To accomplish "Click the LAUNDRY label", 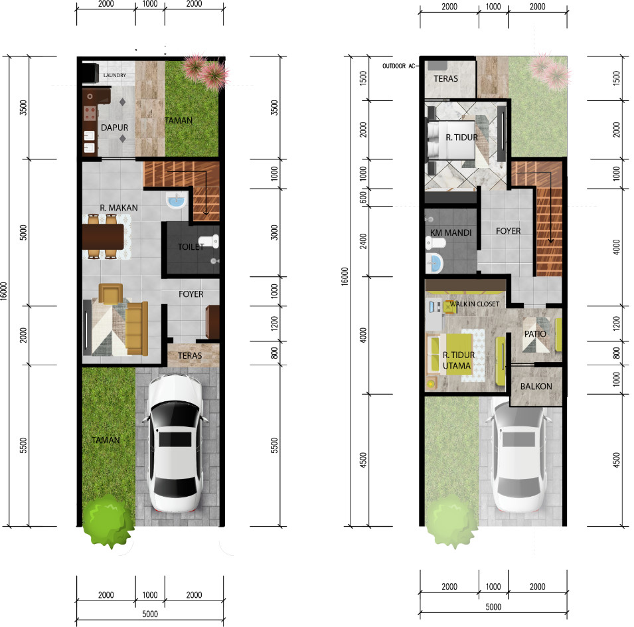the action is (x=114, y=75).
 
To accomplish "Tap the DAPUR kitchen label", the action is (x=114, y=128).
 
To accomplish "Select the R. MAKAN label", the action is (x=119, y=208).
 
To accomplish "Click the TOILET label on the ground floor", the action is (x=191, y=247).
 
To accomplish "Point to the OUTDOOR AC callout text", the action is (x=399, y=66).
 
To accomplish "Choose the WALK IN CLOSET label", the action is (x=475, y=304).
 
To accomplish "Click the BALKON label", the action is (x=536, y=387).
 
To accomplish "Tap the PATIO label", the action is (x=535, y=333).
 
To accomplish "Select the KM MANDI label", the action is (x=451, y=232).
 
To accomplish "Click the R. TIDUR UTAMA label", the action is (x=458, y=360).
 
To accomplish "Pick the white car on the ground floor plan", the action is (x=175, y=443).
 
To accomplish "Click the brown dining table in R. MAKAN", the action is (x=103, y=236).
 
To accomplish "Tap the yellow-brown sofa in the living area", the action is (x=137, y=329).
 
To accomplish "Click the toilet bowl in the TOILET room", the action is (x=208, y=241).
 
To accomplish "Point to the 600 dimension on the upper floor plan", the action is (x=364, y=197).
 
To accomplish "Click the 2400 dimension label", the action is (x=364, y=242).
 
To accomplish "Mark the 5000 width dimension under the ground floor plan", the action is (x=150, y=614).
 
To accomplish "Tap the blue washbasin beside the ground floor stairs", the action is (x=177, y=200).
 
